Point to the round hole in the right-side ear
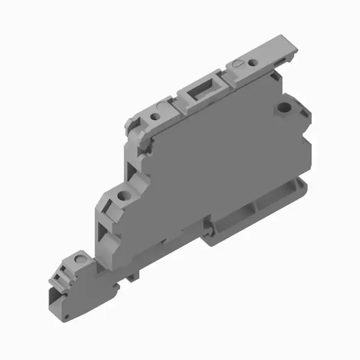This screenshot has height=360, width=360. point(283,109)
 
